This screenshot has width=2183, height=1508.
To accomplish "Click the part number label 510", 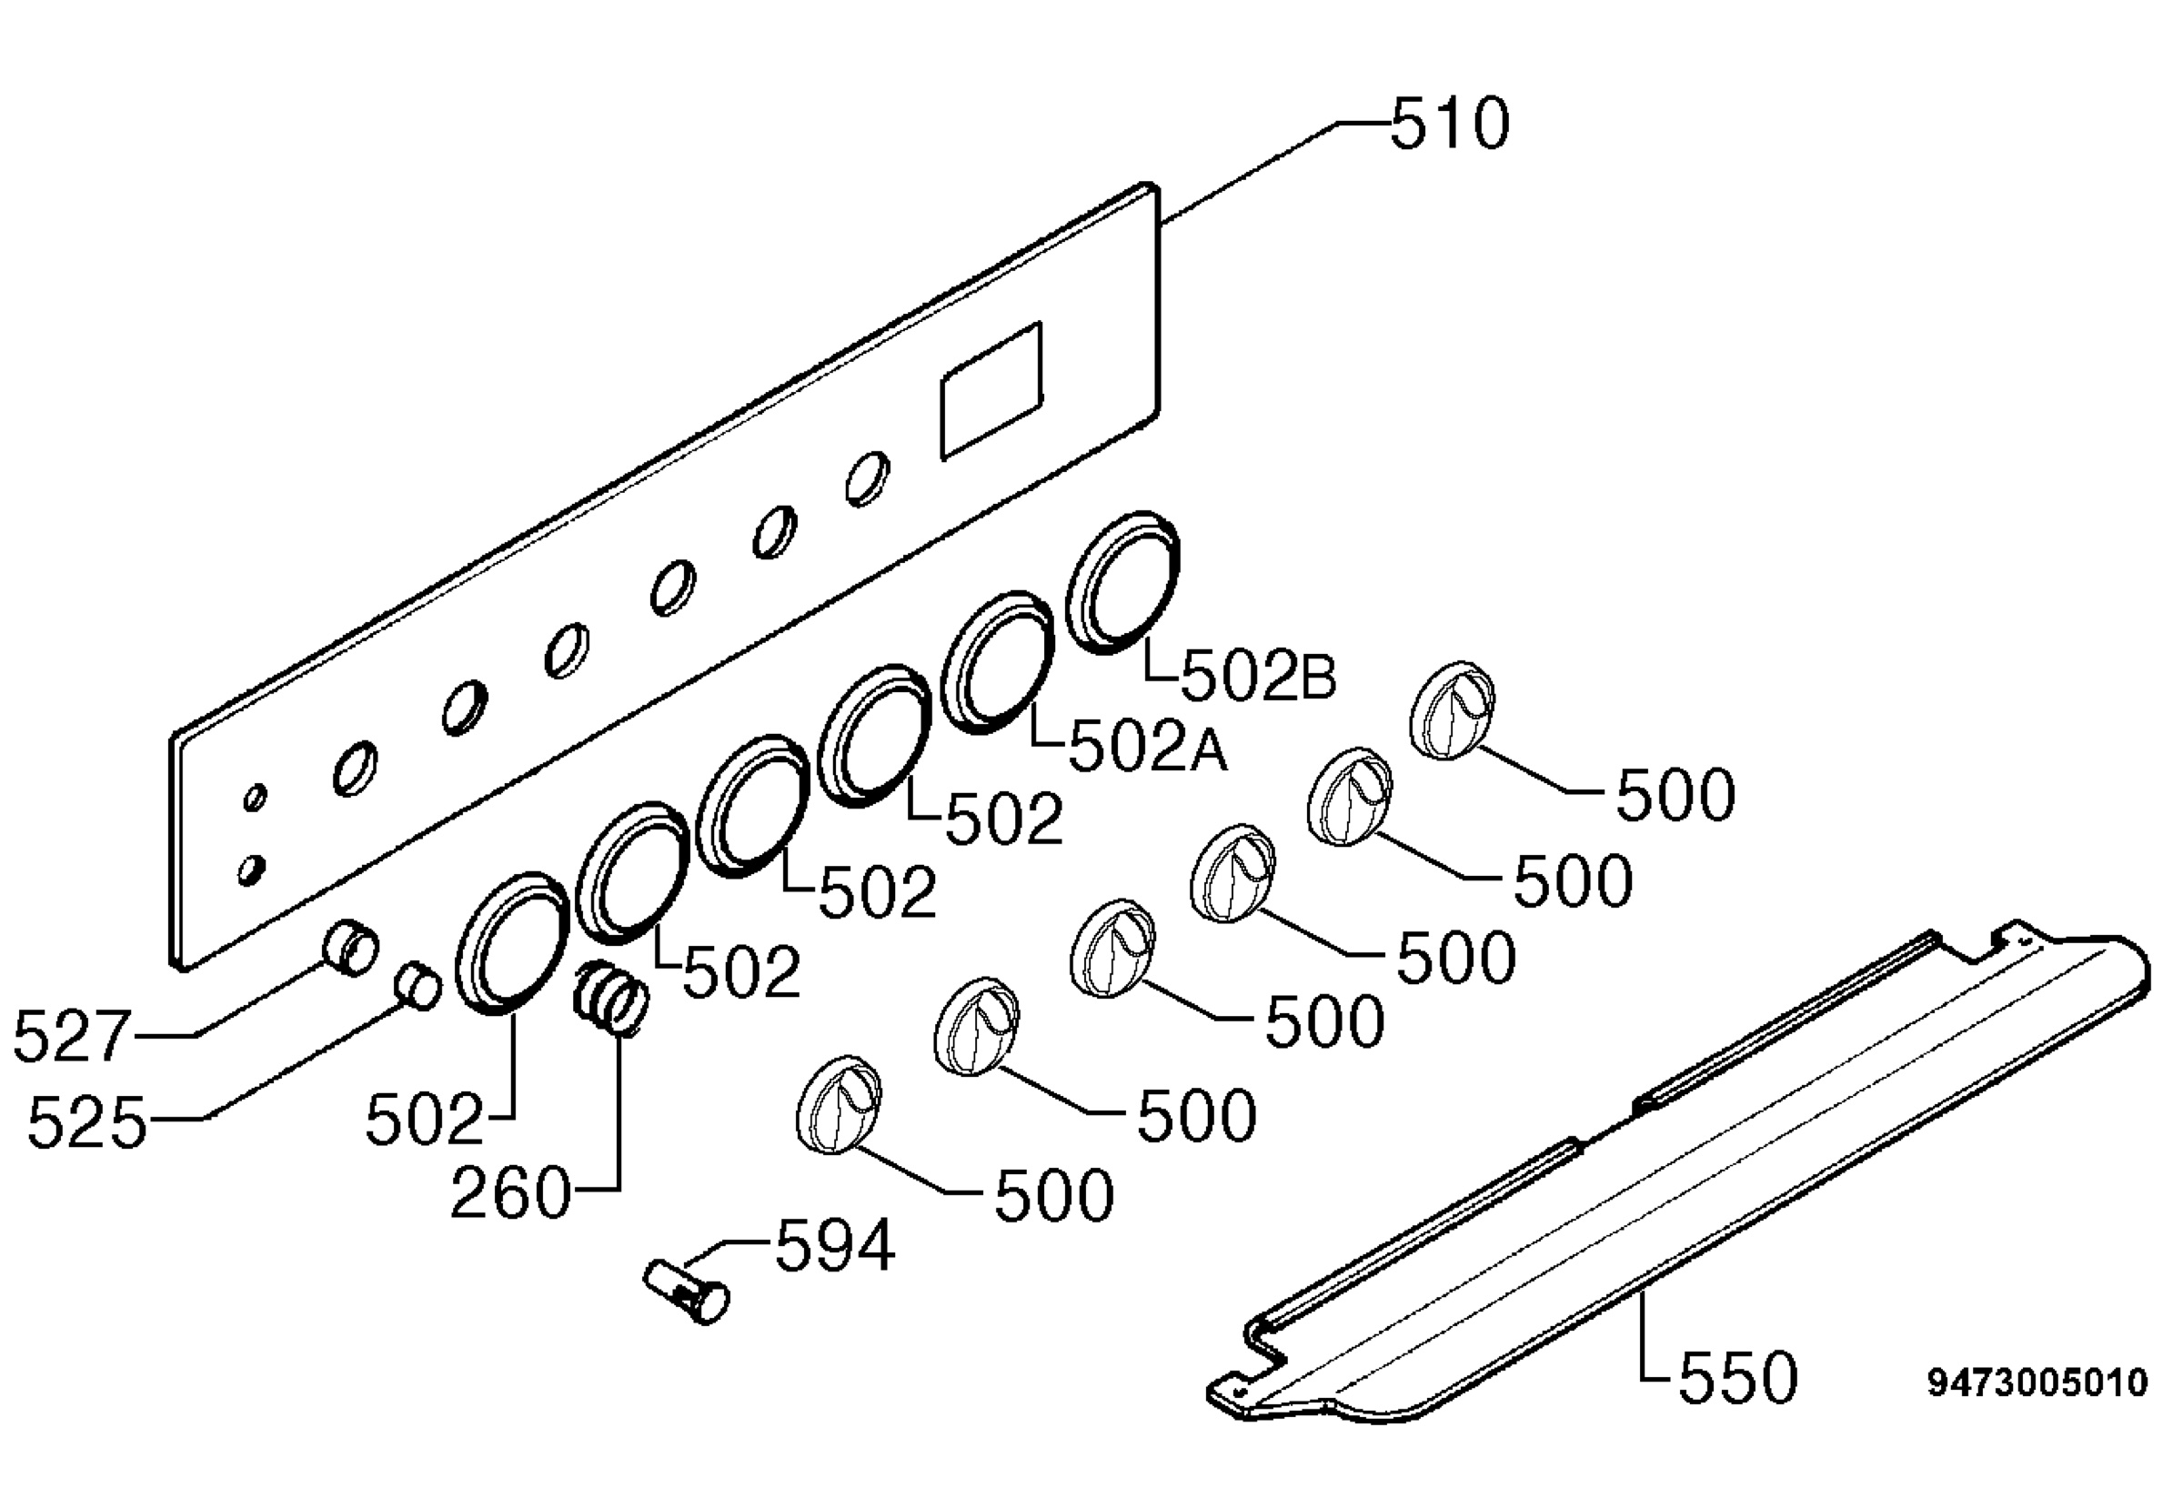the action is coord(1450,125).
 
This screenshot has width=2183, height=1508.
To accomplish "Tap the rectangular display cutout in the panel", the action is coord(991,391).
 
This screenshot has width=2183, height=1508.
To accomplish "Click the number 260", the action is coord(511,1193).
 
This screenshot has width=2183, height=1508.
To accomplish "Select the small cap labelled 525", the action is coord(417,986).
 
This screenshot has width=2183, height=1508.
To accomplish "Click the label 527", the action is coord(71,1037).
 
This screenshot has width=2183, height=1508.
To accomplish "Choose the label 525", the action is coord(87,1123).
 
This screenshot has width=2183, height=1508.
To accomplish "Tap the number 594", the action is coord(834,1245).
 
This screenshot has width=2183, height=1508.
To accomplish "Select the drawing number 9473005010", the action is coord(2037,1383).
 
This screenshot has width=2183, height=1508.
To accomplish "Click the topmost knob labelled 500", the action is coord(1453,709).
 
